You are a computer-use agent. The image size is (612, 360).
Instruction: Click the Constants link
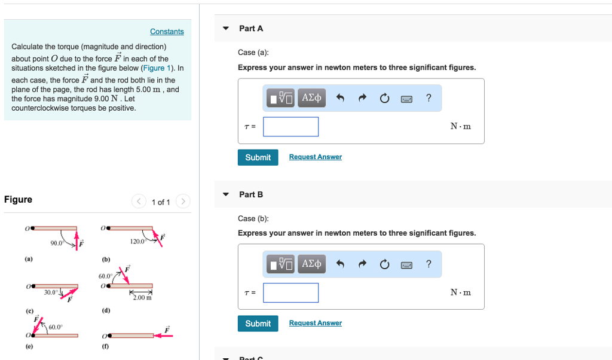167,32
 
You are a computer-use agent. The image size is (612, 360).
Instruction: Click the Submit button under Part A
258,157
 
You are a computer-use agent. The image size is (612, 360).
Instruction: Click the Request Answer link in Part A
315,157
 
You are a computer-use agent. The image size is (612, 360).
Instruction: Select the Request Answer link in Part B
315,323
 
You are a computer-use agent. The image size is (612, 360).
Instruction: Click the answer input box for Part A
290,126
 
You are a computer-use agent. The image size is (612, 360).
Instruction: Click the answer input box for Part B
290,292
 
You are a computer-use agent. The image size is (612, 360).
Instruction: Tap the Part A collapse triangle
226,28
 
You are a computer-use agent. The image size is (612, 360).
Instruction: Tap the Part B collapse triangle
226,194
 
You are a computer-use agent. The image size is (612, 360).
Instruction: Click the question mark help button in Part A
429,98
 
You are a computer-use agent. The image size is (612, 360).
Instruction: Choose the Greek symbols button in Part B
312,264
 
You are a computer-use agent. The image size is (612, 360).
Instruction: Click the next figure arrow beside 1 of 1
183,202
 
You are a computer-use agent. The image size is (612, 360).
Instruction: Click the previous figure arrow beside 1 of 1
139,202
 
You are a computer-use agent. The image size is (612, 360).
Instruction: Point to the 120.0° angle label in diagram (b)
137,242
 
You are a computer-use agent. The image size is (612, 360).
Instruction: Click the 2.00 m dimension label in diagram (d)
142,297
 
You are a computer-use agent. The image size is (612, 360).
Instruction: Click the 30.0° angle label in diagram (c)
51,292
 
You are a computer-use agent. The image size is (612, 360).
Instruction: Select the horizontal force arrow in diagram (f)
163,335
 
